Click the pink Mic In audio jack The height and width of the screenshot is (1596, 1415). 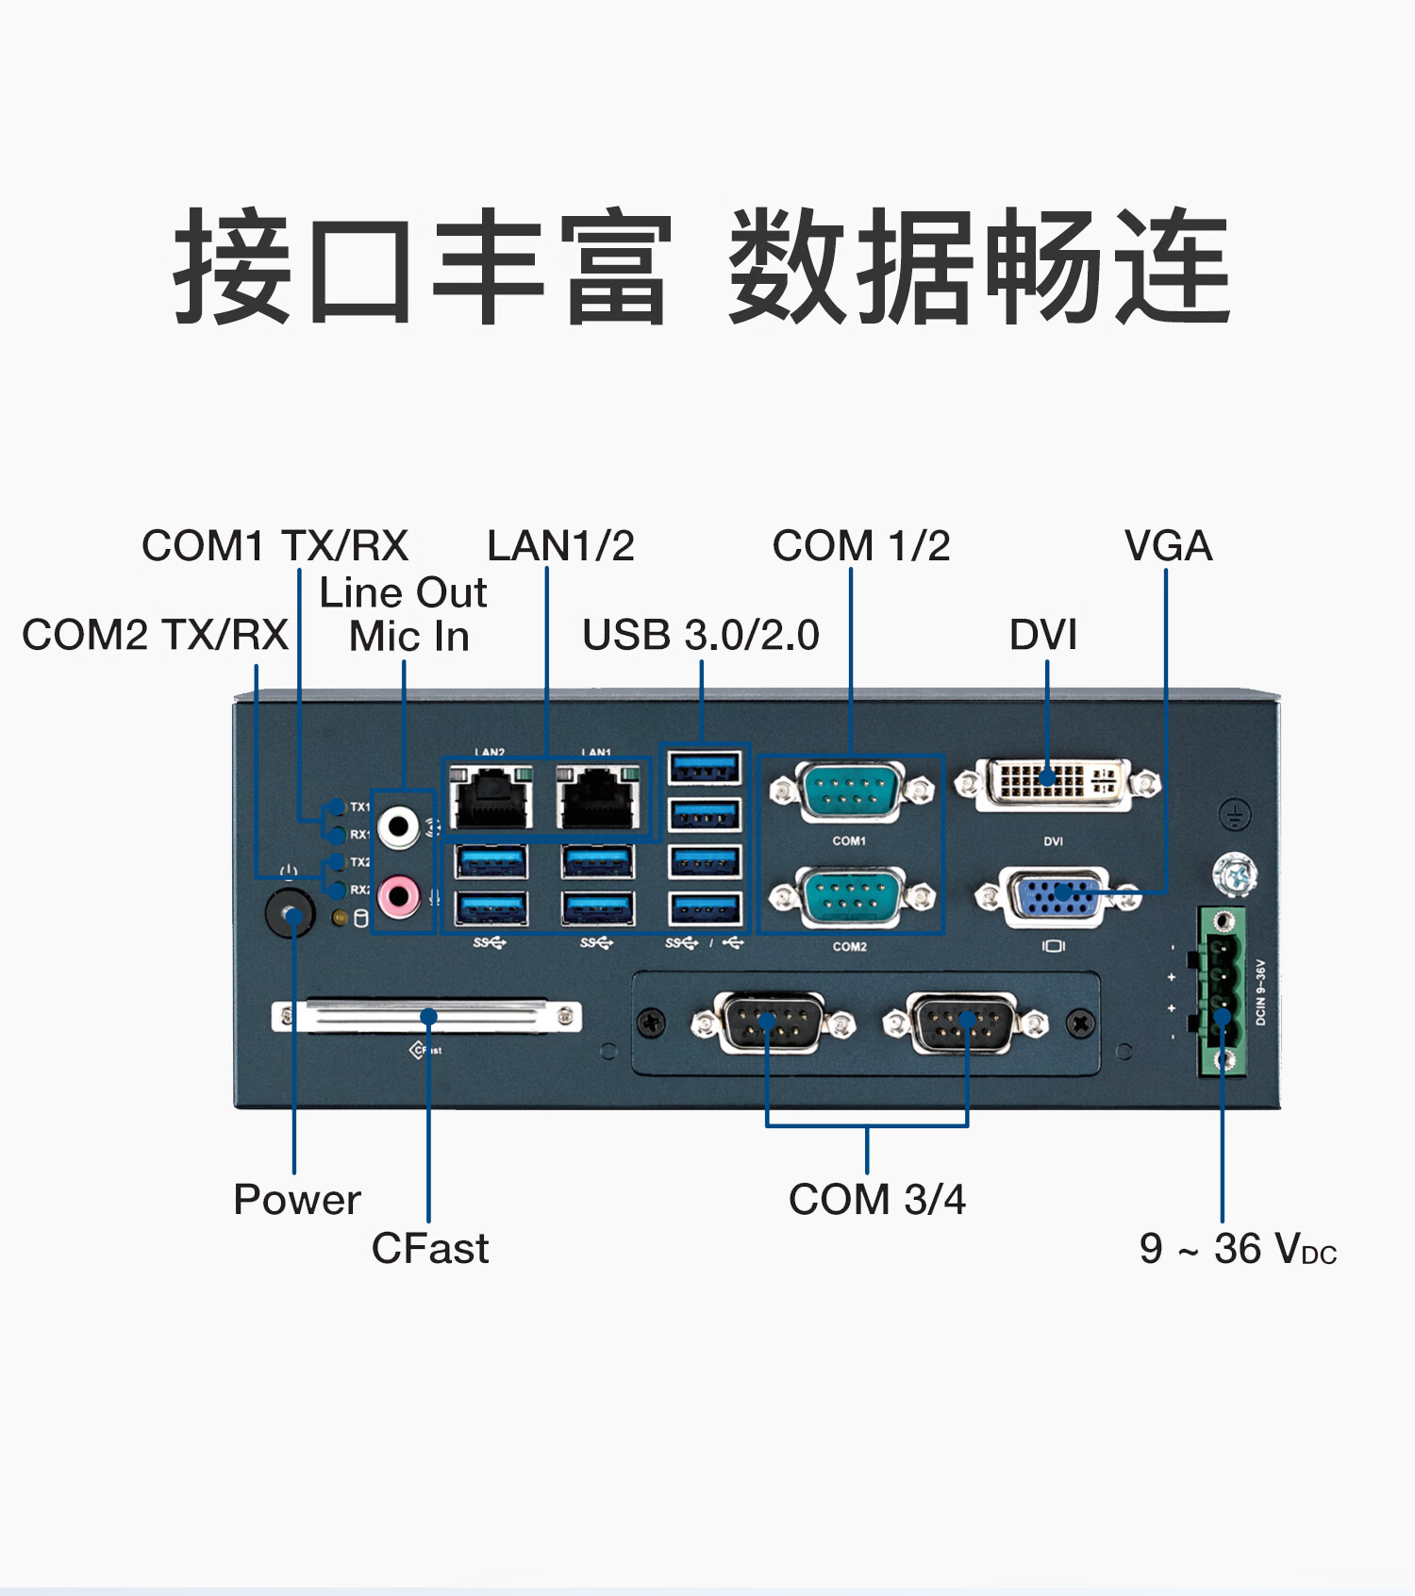[399, 895]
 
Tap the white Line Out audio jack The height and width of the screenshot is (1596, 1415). [399, 827]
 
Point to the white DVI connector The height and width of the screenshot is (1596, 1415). [1057, 783]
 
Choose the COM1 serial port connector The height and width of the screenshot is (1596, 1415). [851, 789]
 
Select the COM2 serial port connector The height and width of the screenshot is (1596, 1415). [851, 895]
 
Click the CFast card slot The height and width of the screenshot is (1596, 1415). [426, 1016]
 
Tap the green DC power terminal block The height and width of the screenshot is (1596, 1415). [1223, 990]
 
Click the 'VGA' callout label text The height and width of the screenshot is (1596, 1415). [1168, 546]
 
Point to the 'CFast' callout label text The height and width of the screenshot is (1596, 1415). [430, 1248]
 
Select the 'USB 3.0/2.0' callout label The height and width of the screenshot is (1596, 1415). [701, 635]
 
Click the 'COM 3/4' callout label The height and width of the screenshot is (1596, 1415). [877, 1200]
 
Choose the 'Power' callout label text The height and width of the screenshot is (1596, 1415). [297, 1200]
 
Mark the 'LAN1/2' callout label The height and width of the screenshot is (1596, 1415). [560, 546]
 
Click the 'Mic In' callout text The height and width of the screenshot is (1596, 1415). [409, 637]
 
